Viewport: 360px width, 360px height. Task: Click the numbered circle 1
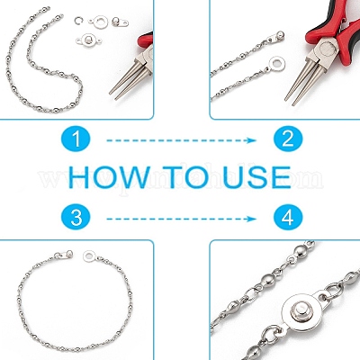click(x=76, y=140)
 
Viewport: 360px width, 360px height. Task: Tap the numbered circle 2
click(x=288, y=140)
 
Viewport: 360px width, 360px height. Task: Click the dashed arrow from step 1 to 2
click(x=181, y=140)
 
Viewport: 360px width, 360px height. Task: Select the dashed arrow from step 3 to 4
click(x=181, y=219)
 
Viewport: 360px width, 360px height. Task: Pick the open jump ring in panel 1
click(x=78, y=21)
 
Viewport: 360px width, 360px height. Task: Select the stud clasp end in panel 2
click(x=276, y=36)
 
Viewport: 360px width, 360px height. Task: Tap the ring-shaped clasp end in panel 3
click(x=89, y=256)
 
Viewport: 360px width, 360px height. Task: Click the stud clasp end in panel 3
click(x=65, y=255)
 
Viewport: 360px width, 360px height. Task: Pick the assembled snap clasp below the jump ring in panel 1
click(x=88, y=40)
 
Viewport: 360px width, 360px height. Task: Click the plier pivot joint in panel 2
click(x=327, y=47)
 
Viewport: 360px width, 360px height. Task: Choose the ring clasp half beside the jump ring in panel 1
click(x=99, y=22)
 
